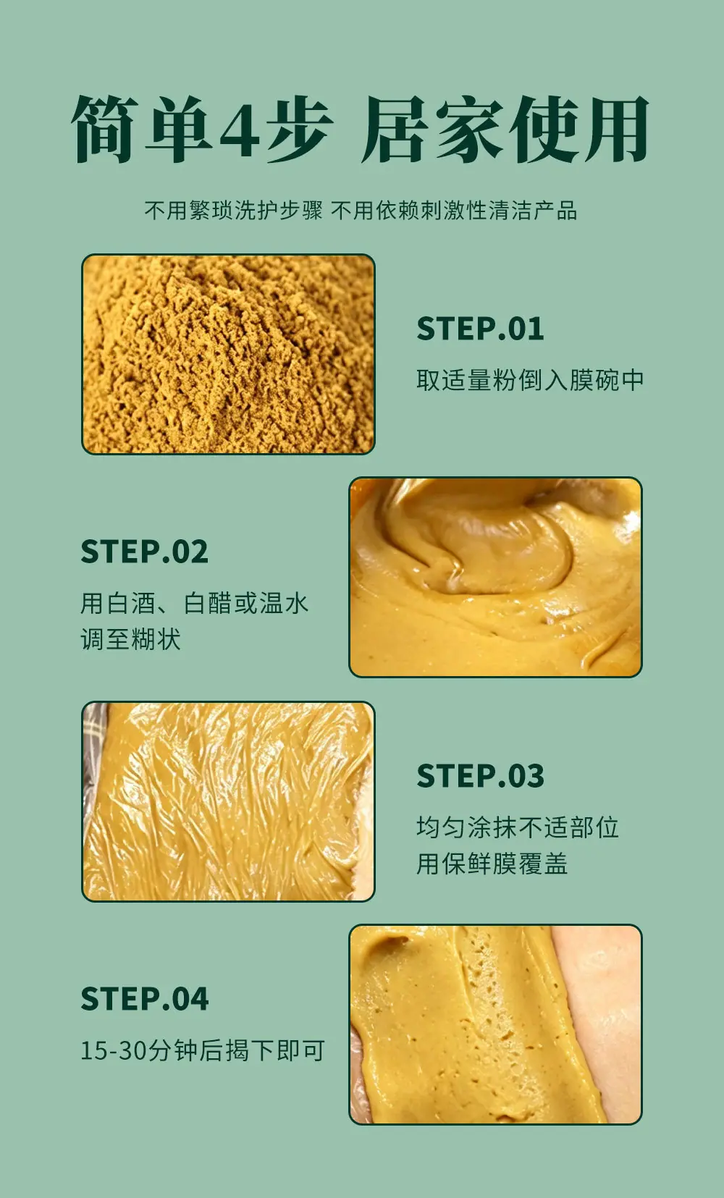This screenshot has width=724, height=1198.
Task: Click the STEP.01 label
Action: tap(480, 329)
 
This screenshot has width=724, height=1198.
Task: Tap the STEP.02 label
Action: tap(144, 552)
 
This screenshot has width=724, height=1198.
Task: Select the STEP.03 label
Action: tap(480, 775)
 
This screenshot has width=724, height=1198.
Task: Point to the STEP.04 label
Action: tap(145, 998)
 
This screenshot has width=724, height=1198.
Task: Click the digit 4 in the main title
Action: tap(240, 130)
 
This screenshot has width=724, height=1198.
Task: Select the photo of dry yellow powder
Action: tap(228, 354)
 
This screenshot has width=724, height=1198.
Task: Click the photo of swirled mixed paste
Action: tap(495, 577)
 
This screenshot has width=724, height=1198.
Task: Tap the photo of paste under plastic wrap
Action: tap(228, 801)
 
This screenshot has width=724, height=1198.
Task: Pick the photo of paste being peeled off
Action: tap(495, 1024)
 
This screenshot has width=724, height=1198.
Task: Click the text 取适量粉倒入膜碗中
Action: tap(530, 380)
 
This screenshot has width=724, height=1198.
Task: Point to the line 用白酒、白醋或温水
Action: tap(194, 603)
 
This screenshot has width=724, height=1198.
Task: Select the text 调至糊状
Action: tap(130, 639)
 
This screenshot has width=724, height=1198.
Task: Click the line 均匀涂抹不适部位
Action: tap(518, 827)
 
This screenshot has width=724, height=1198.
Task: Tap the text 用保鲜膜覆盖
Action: tap(492, 863)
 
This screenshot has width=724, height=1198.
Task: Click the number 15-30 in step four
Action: tap(114, 1050)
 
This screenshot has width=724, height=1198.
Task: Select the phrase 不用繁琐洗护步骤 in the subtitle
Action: tap(233, 211)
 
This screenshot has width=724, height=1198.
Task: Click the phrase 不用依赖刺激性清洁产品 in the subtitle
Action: tap(454, 211)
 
